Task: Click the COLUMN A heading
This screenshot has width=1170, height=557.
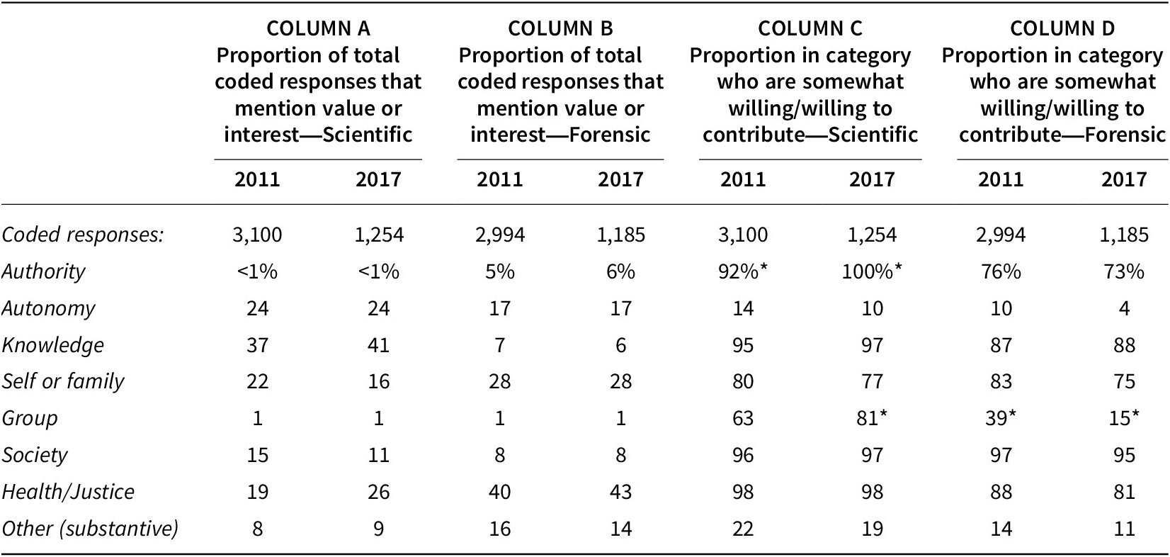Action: pos(318,28)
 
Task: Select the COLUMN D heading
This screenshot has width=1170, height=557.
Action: pos(1062,28)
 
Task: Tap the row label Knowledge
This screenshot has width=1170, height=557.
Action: pos(52,345)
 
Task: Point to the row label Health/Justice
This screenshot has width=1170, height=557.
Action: pos(68,492)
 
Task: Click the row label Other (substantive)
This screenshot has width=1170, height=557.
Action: pos(90,529)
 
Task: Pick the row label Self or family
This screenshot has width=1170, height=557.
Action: pos(62,381)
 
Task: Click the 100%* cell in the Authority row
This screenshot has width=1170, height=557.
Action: pos(872,271)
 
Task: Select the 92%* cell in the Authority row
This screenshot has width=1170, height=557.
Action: pos(743,271)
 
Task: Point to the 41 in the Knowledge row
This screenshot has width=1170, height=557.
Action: pos(378,345)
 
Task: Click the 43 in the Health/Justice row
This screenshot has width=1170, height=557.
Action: pos(620,492)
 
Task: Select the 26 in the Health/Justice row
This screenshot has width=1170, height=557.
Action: pos(378,492)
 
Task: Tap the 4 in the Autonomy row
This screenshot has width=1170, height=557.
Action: pos(1124,308)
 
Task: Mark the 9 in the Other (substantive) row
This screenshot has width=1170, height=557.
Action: pos(378,529)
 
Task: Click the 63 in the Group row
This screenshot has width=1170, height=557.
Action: pos(743,418)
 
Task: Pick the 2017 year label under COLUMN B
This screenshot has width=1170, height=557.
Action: pos(620,180)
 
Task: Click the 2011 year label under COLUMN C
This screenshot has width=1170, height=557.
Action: pos(743,180)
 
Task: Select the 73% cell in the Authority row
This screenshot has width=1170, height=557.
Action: pos(1124,271)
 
